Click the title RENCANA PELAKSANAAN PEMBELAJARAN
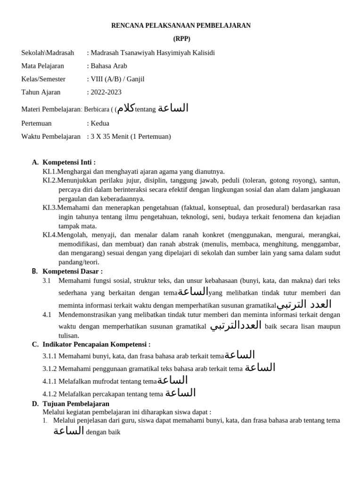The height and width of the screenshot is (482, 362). [181, 25]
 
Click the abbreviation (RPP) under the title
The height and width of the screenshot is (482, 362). [181, 39]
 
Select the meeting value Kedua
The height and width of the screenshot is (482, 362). [99, 123]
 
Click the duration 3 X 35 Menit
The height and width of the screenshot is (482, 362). [113, 137]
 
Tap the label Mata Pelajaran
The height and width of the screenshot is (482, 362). [42, 66]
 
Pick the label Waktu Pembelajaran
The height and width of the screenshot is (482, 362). [51, 137]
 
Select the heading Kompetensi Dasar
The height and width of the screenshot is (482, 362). [73, 271]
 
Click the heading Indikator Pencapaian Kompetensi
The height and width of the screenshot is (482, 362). [97, 344]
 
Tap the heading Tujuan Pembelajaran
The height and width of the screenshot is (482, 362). [76, 403]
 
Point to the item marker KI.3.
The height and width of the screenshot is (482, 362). [49, 208]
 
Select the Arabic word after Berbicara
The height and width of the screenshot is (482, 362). [126, 108]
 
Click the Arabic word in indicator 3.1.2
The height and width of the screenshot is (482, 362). [260, 368]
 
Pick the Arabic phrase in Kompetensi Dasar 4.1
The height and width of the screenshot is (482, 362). [235, 325]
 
